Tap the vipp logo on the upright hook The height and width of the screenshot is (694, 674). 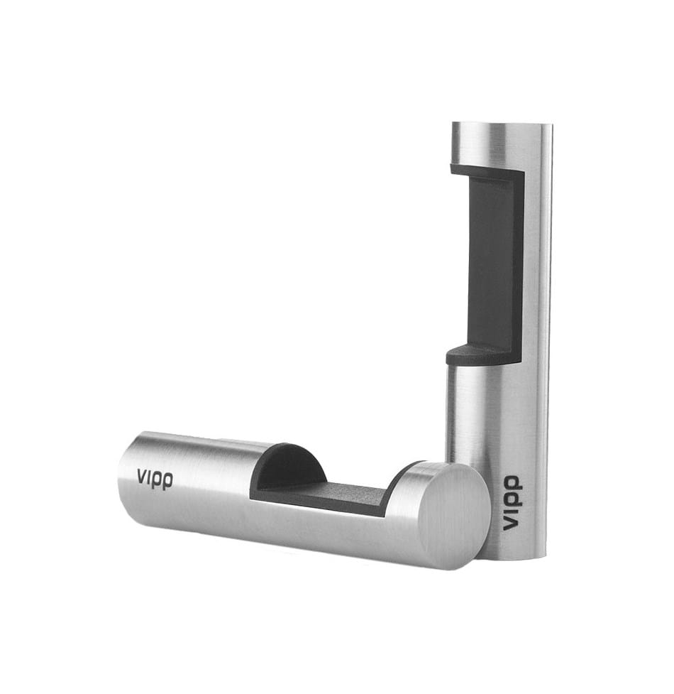tap(512, 504)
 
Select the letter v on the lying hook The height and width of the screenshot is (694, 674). tap(141, 476)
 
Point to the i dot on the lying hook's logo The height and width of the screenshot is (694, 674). tap(148, 471)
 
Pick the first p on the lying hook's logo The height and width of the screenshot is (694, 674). tap(157, 480)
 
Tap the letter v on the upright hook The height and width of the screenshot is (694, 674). tap(510, 524)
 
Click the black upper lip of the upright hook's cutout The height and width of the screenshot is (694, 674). tap(482, 170)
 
